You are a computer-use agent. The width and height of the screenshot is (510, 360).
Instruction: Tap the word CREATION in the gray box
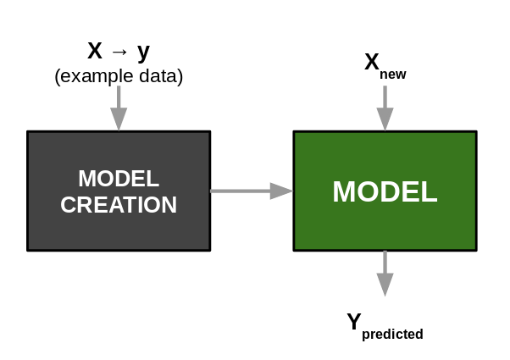[119, 205]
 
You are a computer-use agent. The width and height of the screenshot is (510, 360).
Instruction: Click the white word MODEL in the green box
[385, 191]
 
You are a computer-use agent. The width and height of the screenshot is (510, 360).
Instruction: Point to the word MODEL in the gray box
[119, 179]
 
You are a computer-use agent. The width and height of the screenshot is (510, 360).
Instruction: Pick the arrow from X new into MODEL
[385, 108]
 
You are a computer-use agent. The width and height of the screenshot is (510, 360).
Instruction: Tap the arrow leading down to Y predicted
[385, 273]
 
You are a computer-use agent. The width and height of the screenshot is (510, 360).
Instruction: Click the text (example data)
[119, 76]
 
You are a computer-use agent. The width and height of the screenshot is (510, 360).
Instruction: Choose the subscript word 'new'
[393, 75]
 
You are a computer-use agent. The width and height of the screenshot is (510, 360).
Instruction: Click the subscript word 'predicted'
[392, 335]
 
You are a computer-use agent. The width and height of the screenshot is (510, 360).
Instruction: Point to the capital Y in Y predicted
[354, 322]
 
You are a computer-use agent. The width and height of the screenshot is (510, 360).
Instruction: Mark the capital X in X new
[371, 62]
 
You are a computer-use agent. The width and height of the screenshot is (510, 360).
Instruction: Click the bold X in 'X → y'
[95, 51]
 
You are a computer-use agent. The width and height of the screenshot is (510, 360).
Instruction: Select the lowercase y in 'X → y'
[143, 52]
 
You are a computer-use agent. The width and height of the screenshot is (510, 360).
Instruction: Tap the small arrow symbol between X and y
[119, 52]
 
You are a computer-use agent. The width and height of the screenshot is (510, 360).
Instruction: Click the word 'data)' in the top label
[161, 76]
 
